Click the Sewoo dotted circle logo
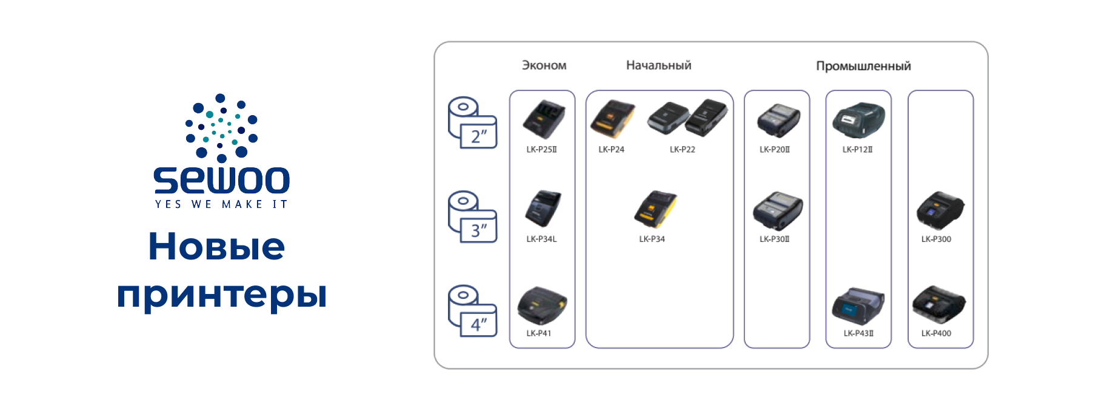(221, 128)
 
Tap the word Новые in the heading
(216, 247)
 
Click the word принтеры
(222, 295)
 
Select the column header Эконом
(544, 65)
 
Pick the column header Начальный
(658, 65)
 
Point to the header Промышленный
(863, 66)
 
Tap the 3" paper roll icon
(472, 217)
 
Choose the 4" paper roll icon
(472, 310)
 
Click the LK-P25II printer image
(543, 119)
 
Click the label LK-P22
(682, 150)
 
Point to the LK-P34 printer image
(655, 209)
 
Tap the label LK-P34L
(541, 239)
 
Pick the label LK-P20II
(775, 150)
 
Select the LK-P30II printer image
(777, 211)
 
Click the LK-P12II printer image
(858, 120)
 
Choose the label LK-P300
(936, 239)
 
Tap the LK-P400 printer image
(938, 304)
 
